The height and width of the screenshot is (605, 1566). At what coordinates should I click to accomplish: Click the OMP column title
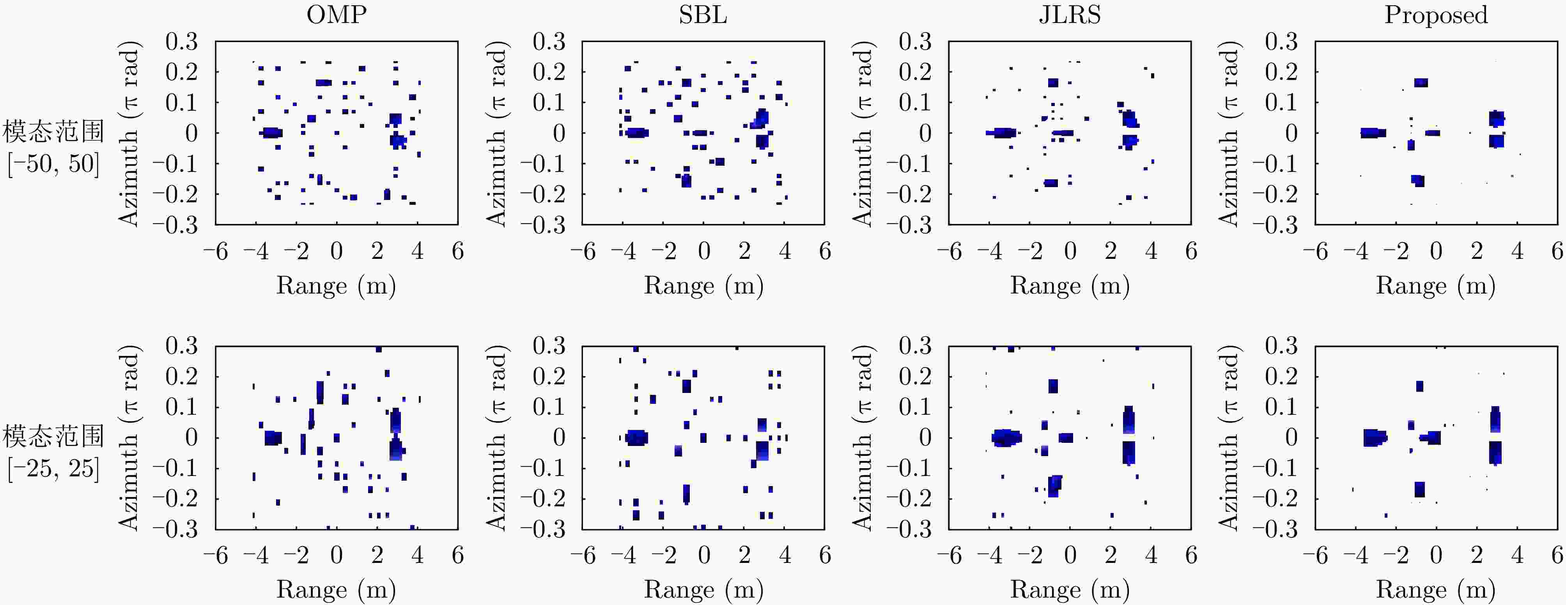coord(336,14)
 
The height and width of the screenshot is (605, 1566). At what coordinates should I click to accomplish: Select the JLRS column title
coord(1069,14)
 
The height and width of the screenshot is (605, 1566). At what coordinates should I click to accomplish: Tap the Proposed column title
coord(1436,14)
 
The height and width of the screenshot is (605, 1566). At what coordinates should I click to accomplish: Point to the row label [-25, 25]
coord(53,468)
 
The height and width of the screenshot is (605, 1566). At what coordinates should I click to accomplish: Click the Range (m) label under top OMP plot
coord(336,285)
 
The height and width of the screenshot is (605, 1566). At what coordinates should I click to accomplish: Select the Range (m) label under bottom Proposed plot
coord(1436,589)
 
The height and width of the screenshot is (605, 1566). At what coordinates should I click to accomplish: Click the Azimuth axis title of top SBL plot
coord(497,134)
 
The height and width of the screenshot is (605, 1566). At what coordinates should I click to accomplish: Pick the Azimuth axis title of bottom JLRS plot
coord(863,437)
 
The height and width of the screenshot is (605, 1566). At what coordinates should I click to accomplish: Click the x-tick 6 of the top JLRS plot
coord(1191,251)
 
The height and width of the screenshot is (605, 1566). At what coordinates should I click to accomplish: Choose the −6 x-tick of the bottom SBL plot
coord(583,555)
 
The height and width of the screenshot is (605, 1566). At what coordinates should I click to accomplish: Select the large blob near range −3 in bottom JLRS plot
coord(1006,437)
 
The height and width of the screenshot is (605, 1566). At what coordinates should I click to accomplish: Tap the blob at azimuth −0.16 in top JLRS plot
coord(1051,183)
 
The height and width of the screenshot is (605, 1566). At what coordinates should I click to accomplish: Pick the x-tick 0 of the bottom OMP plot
coord(336,555)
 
